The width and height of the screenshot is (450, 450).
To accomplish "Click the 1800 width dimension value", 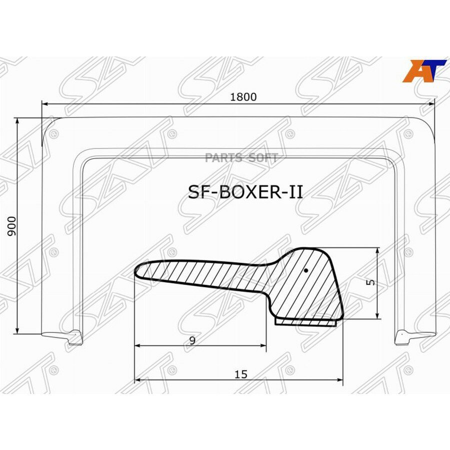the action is [243, 97].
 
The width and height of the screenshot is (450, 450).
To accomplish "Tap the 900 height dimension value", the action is [12, 226].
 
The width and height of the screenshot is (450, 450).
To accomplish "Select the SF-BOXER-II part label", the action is [245, 192].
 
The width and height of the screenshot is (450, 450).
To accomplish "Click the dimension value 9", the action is [192, 340].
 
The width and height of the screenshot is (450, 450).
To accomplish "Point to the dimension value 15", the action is [241, 374].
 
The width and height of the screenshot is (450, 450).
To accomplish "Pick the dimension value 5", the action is [371, 282].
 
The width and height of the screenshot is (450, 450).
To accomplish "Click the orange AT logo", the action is [424, 71].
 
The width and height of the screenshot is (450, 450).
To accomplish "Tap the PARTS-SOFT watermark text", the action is [241, 157].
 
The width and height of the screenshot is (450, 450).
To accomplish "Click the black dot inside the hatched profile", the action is [306, 270].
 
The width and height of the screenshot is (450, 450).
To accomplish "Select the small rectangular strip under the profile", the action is [305, 322].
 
